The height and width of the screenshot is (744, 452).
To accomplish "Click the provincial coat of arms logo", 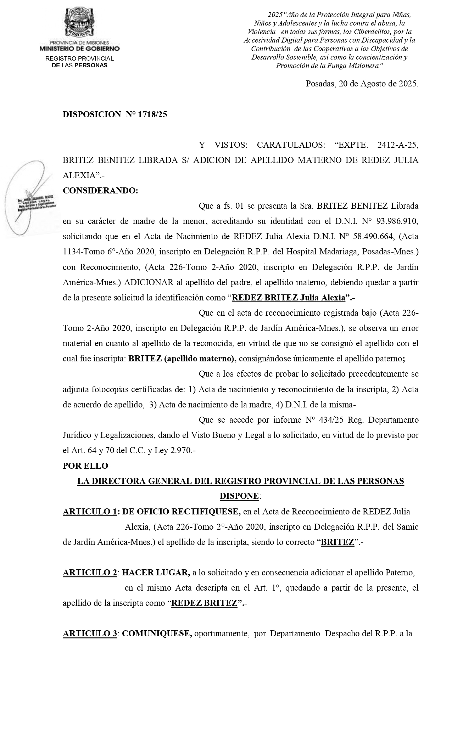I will click(x=79, y=22).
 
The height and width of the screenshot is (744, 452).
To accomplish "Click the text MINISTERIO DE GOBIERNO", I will click(x=79, y=49).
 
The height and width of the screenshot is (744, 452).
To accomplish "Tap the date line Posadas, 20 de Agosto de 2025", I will click(x=362, y=84).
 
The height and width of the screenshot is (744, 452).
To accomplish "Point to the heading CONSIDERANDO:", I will click(x=100, y=191).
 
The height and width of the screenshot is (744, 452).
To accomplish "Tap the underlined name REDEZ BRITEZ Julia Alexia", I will click(x=288, y=298).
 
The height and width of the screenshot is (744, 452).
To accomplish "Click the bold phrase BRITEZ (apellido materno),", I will click(x=182, y=359).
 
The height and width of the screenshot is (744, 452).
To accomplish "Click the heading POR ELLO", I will click(x=85, y=466).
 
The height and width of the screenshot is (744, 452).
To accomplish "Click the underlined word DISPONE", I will click(x=239, y=496).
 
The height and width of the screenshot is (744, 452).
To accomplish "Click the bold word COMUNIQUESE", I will click(x=157, y=633).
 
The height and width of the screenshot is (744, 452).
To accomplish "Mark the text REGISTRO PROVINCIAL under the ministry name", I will click(x=79, y=58).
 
